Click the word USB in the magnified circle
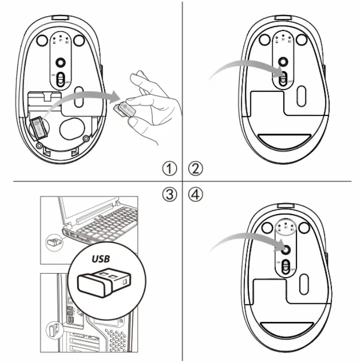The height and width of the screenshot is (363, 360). click(x=101, y=260)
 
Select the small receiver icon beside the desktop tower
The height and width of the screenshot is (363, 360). click(x=52, y=330)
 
